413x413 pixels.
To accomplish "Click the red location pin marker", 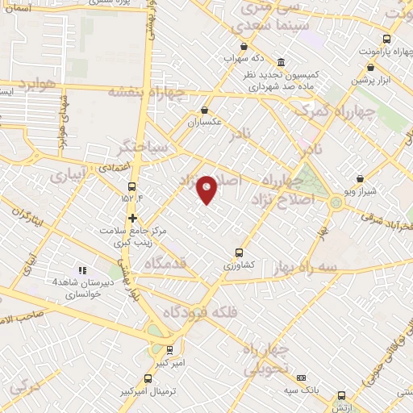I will (x=207, y=190).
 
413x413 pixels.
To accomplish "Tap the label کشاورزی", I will (x=240, y=265).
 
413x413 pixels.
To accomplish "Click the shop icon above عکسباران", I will (x=204, y=111).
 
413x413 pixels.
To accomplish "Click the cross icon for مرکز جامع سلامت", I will (x=132, y=218).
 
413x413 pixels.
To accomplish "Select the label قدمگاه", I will (x=166, y=263).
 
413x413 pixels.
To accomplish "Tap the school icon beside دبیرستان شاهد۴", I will (x=81, y=270).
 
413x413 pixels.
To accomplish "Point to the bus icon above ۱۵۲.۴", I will (x=131, y=186).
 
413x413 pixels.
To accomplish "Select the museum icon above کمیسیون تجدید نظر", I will (x=281, y=62).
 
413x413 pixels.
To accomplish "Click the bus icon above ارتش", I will (x=341, y=396).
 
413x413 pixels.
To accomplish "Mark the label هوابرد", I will (x=35, y=82).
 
